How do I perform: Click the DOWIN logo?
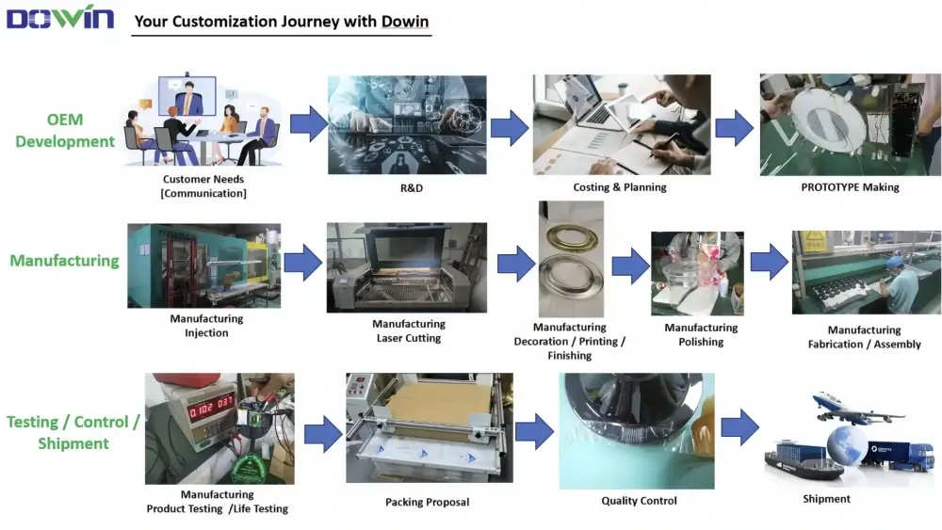pos(60,17)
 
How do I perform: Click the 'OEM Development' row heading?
pos(65,131)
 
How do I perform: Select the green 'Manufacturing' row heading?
pos(64,261)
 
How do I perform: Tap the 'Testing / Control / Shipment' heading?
pos(73,432)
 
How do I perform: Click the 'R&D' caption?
pos(406,187)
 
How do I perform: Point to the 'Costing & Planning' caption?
pos(619,187)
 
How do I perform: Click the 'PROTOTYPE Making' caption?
pos(850,187)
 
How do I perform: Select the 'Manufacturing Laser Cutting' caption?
pos(408,330)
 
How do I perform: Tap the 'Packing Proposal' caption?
pos(427,502)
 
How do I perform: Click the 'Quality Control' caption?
pos(639,501)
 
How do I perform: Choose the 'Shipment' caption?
pos(826,499)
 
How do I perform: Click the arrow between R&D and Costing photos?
pos(509,127)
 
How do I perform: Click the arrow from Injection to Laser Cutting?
pos(302,263)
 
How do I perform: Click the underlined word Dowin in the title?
pos(406,21)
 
